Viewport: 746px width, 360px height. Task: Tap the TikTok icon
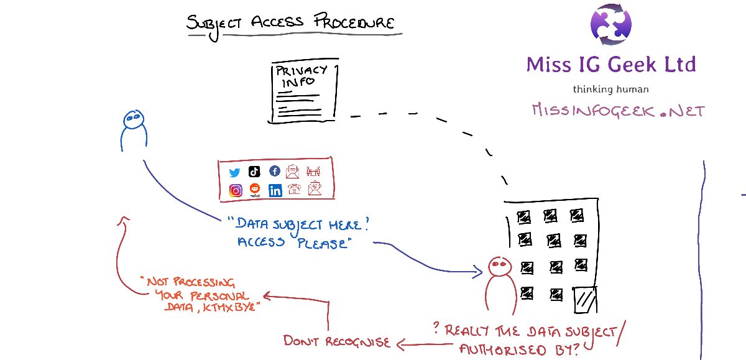(x=254, y=172)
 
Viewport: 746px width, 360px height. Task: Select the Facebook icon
(x=274, y=172)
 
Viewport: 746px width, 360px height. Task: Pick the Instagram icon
(x=236, y=191)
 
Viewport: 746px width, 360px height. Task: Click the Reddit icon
(x=254, y=190)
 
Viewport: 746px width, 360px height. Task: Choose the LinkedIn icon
(x=275, y=191)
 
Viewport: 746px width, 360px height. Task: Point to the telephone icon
(x=294, y=190)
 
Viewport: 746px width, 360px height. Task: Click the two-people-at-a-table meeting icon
(x=313, y=171)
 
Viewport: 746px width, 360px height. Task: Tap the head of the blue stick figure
(x=132, y=118)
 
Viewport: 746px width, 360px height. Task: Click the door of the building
(x=584, y=300)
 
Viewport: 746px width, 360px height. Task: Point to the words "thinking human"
(x=610, y=89)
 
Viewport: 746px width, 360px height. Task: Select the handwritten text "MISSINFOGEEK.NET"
(x=618, y=111)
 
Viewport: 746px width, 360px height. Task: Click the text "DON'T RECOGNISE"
(x=336, y=341)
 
